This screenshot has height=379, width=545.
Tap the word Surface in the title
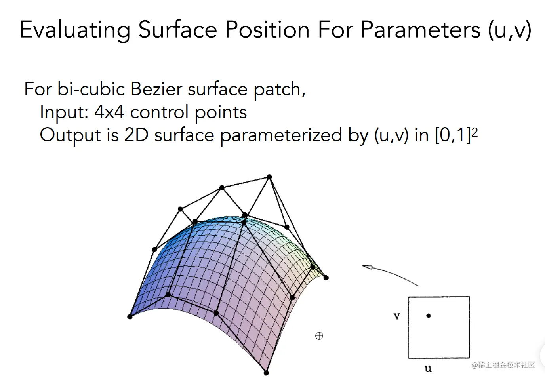pyautogui.click(x=177, y=29)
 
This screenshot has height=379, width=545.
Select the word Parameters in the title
pyautogui.click(x=420, y=29)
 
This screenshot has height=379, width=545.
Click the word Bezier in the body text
pyautogui.click(x=156, y=89)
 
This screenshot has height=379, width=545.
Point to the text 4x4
pyautogui.click(x=109, y=112)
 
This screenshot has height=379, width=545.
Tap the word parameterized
pyautogui.click(x=281, y=135)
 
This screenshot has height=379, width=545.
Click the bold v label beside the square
pyautogui.click(x=396, y=316)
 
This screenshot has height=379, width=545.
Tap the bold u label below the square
pyautogui.click(x=428, y=368)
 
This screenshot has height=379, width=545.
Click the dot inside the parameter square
pyautogui.click(x=429, y=316)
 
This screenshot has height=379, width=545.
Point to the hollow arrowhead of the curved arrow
pyautogui.click(x=368, y=267)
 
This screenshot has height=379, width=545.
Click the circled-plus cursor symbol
pyautogui.click(x=319, y=336)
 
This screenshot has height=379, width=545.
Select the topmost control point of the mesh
pyautogui.click(x=269, y=177)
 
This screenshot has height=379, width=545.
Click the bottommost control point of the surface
pyautogui.click(x=266, y=373)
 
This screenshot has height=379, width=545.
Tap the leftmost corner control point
pyautogui.click(x=130, y=316)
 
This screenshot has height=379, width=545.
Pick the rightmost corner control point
pyautogui.click(x=326, y=278)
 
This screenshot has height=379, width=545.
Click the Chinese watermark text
pyautogui.click(x=503, y=365)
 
